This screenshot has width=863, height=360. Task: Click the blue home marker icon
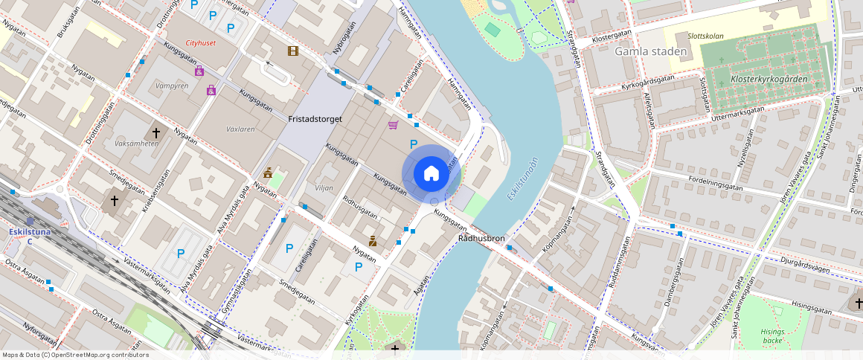coord(431,174)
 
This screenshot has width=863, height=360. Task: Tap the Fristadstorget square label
coord(315,118)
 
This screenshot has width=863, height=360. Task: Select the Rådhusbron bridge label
coord(482,240)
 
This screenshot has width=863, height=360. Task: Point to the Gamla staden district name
coord(644,51)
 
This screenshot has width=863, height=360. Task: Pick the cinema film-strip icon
coord(293,51)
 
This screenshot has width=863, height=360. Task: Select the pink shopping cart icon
coord(393,124)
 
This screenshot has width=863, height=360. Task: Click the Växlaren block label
coord(240,129)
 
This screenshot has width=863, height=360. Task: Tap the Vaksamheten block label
coord(137,143)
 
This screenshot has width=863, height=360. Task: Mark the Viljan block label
coord(324,188)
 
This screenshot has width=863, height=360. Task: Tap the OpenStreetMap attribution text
coord(75,355)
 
